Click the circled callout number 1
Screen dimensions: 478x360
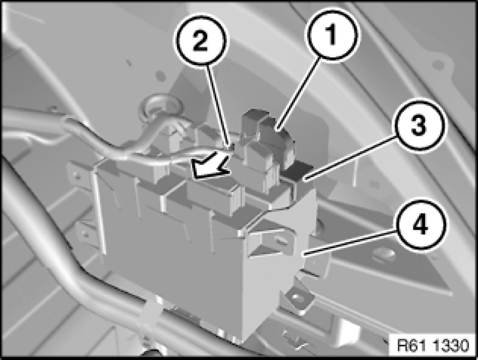(332, 34)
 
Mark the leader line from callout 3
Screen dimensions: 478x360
(351, 157)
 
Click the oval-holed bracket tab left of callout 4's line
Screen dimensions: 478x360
(279, 241)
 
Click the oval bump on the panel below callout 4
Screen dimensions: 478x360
(384, 253)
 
